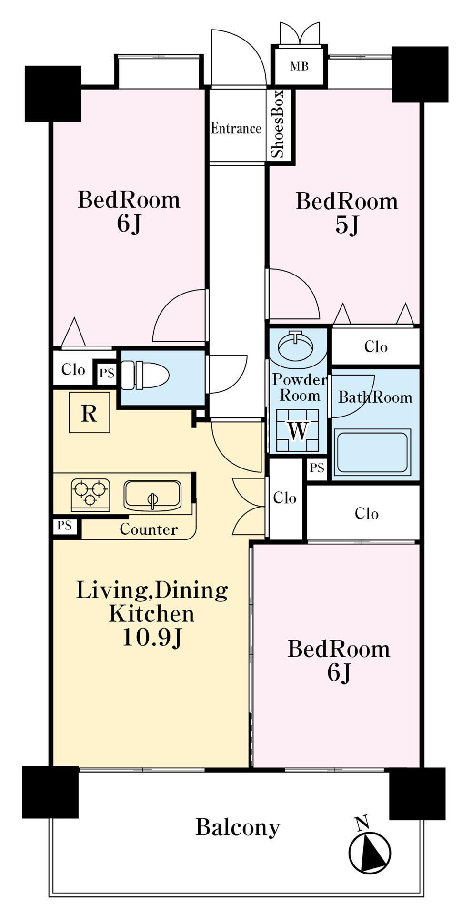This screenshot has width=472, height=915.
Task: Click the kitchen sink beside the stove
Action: [x=152, y=495]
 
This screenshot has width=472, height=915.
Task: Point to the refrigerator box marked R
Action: [x=89, y=413]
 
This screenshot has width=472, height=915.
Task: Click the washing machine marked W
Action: [x=298, y=430]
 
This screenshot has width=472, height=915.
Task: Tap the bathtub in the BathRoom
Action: [x=372, y=452]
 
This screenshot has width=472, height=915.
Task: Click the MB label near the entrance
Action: [x=300, y=66]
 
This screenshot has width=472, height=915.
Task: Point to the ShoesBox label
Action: [x=277, y=124]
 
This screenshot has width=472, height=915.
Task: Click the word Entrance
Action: [x=236, y=128]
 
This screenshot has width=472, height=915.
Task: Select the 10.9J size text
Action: [x=152, y=637]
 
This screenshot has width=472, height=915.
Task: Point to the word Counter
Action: [x=149, y=529]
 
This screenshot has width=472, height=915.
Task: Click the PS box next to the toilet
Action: [x=107, y=374]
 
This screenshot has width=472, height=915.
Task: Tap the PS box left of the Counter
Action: [x=64, y=526]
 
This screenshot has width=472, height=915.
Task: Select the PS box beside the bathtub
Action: [x=317, y=468]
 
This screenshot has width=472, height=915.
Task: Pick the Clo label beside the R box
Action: [x=73, y=369]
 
